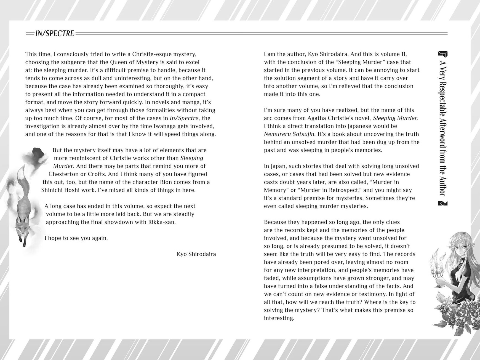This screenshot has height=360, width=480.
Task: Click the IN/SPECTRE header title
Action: [x=55, y=34]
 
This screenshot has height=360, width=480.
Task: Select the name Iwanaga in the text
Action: [x=172, y=126]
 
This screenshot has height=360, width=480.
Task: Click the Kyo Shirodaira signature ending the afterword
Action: [x=196, y=254]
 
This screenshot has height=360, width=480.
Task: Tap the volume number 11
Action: [x=402, y=54]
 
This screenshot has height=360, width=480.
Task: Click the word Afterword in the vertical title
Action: [x=443, y=138]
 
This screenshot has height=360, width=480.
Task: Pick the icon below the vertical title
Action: [x=443, y=204]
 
